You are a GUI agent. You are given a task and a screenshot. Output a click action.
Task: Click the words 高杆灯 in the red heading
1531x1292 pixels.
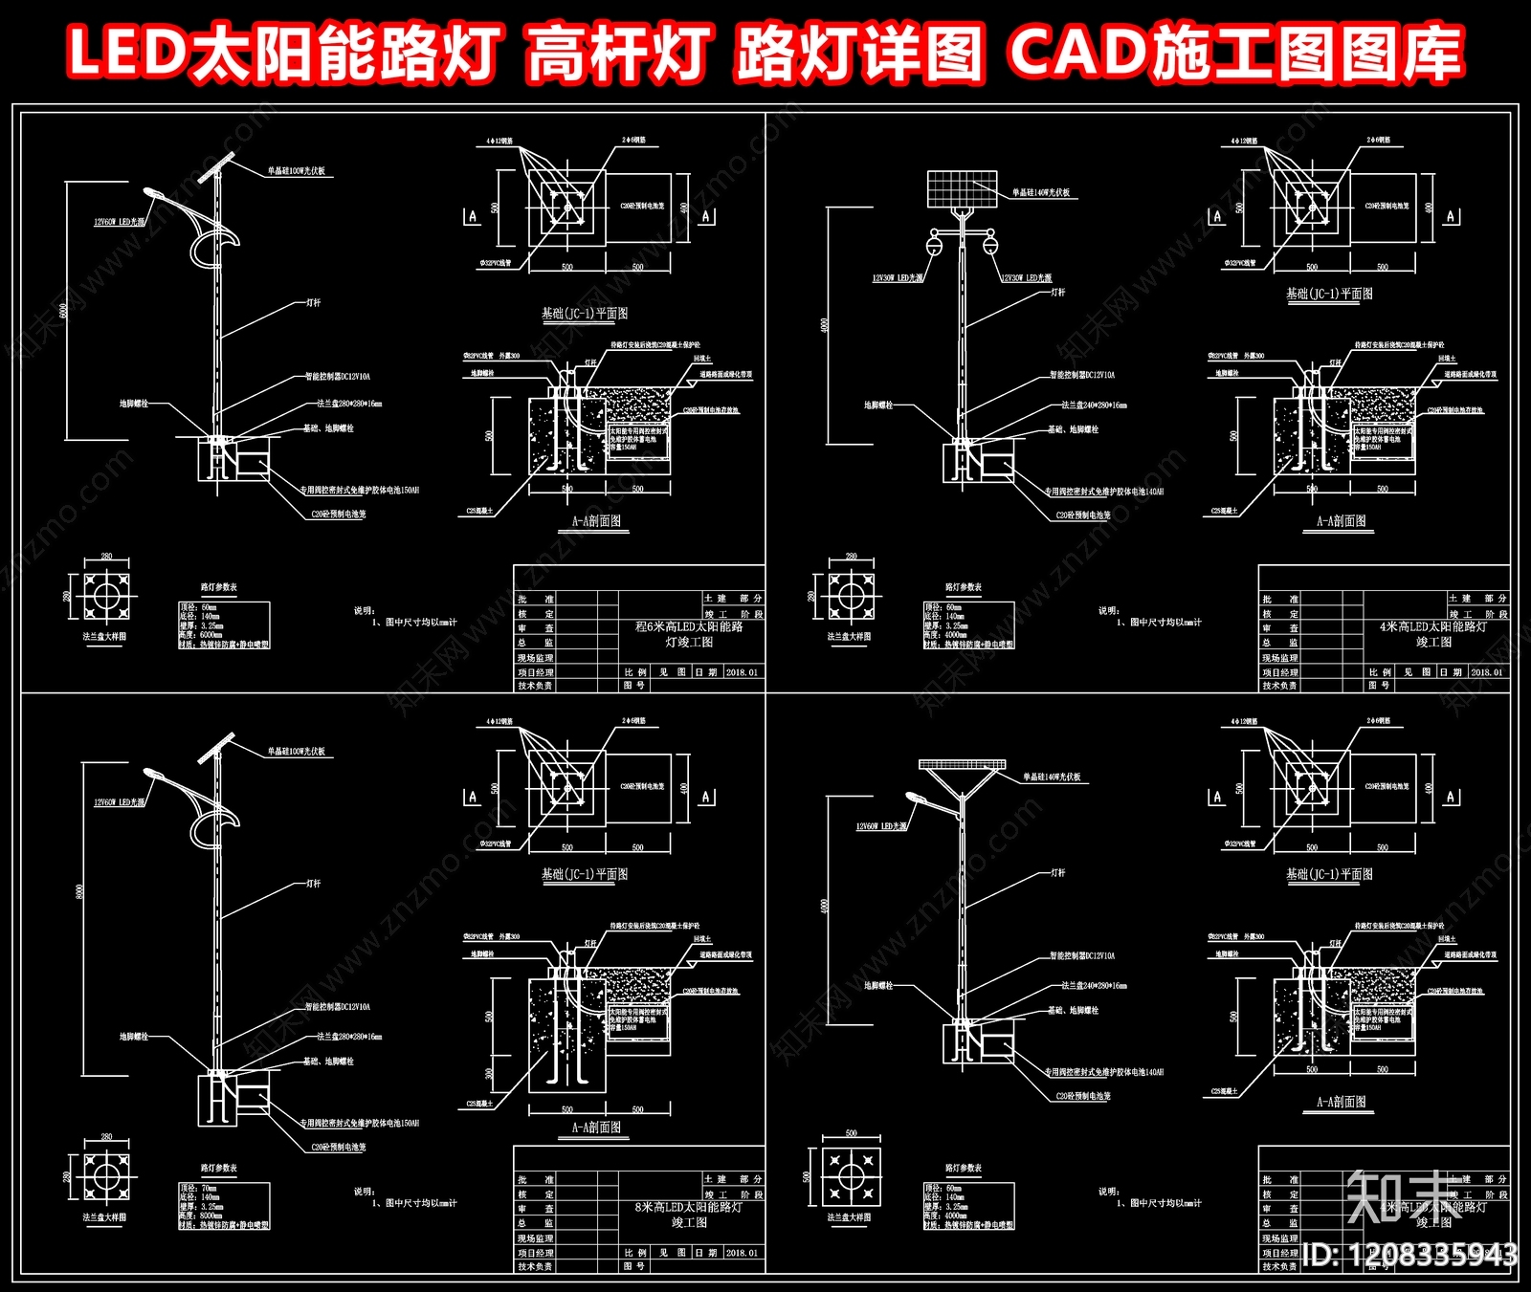617,53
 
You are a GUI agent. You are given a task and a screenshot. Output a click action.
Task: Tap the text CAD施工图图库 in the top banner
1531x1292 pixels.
1234,53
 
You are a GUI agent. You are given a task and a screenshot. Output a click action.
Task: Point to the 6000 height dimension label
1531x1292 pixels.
64,311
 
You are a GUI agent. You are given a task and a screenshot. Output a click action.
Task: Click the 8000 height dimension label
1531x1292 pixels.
79,891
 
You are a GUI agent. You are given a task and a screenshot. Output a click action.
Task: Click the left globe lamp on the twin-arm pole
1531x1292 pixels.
934,247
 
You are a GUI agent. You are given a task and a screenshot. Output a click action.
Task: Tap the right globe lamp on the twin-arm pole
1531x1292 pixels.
990,247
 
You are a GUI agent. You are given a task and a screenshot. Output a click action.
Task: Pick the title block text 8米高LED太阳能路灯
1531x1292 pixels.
688,1207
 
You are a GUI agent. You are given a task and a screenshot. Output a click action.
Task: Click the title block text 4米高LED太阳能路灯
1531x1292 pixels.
1432,626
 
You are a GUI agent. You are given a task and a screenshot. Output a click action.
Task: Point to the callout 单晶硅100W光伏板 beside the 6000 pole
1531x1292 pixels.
296,171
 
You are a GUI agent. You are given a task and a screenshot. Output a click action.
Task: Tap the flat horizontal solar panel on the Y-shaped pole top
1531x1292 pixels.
963,764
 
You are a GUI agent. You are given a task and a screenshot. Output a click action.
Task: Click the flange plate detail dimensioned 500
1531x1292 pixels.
850,1176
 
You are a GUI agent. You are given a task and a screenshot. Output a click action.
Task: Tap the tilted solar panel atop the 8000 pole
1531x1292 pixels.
217,747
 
